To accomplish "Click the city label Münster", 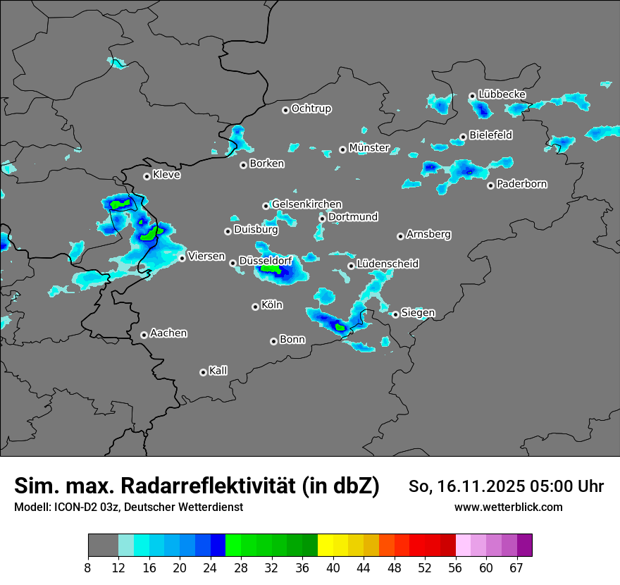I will click(x=369, y=148).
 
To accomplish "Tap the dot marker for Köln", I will click(x=255, y=307).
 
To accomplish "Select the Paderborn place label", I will click(x=521, y=185).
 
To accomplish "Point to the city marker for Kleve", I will click(x=147, y=176).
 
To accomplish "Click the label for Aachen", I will click(x=168, y=333).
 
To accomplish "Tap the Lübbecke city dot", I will click(x=472, y=96).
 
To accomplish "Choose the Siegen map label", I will click(x=418, y=313).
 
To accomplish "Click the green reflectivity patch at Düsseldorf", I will click(x=271, y=269).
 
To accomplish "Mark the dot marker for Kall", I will click(x=203, y=372).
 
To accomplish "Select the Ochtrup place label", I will click(x=311, y=109).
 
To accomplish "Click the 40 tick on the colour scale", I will click(x=333, y=567).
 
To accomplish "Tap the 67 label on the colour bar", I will click(x=516, y=567).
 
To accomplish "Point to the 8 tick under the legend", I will click(x=89, y=567).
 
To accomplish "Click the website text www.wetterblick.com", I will click(x=508, y=507).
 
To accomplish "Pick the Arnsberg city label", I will click(x=428, y=235).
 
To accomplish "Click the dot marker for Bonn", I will click(x=273, y=341).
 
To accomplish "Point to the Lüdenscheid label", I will click(x=387, y=264).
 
